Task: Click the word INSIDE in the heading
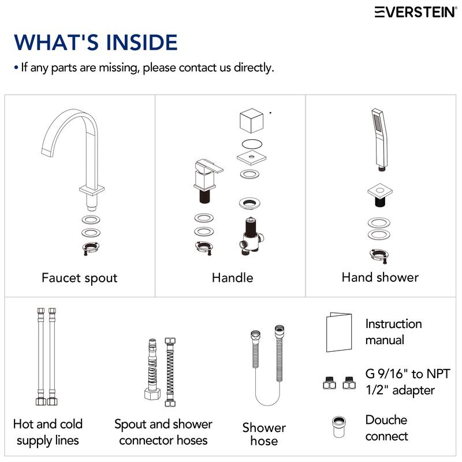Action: [x=141, y=42]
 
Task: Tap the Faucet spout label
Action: [x=80, y=278]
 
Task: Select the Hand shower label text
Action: [x=380, y=277]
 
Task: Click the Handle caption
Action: [x=233, y=278]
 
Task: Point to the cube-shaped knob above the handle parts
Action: [x=251, y=120]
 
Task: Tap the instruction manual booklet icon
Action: [x=339, y=332]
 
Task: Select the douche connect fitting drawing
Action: [x=339, y=427]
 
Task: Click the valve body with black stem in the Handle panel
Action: [x=251, y=236]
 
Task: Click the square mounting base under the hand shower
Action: [x=380, y=195]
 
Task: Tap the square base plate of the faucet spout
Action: [x=92, y=190]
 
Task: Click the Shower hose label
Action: [x=264, y=434]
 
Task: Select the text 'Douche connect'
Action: [x=386, y=428]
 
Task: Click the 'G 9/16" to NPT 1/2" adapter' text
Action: [x=408, y=382]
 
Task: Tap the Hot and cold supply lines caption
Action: [x=48, y=432]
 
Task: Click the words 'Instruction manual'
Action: [x=394, y=331]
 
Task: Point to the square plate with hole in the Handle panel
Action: [x=252, y=157]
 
